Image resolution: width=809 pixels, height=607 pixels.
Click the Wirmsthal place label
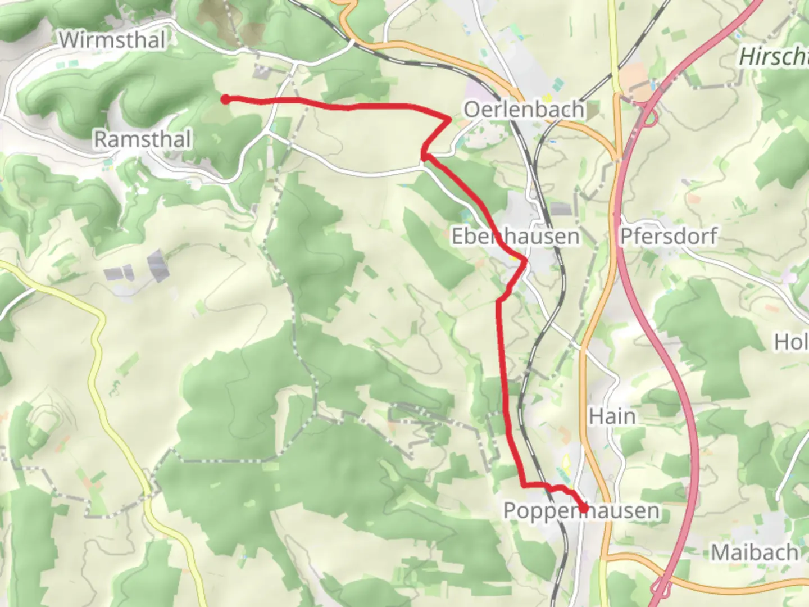112,40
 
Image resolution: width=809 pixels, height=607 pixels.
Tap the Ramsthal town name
142,139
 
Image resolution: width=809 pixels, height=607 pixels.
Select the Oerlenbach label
524,110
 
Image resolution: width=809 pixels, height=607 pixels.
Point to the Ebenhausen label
515,236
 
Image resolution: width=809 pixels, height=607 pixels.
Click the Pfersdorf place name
669,236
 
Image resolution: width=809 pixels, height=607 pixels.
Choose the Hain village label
612,416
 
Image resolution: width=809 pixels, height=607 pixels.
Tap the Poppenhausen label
581,511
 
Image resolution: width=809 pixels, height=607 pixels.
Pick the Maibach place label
755,552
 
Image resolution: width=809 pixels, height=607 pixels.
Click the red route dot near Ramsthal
225,99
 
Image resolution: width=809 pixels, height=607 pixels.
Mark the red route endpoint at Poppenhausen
584,508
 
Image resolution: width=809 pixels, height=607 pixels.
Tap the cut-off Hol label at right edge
792,341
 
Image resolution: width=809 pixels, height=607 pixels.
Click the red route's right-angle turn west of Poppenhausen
522,484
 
